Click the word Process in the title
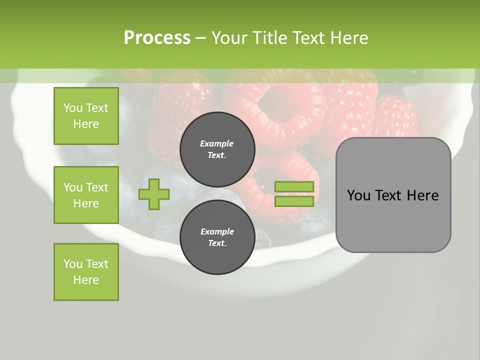point(157,38)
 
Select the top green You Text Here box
point(86,116)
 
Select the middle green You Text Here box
point(86,195)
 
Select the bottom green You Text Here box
point(86,272)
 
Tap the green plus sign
point(154,194)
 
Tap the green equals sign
point(294,194)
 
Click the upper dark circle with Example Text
point(217,149)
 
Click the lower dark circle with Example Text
point(217,237)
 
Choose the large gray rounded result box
point(393,195)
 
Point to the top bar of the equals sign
point(294,186)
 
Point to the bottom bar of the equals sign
point(294,201)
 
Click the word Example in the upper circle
point(217,143)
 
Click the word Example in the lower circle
point(217,231)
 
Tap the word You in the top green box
point(73,108)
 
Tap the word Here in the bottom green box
point(86,280)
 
